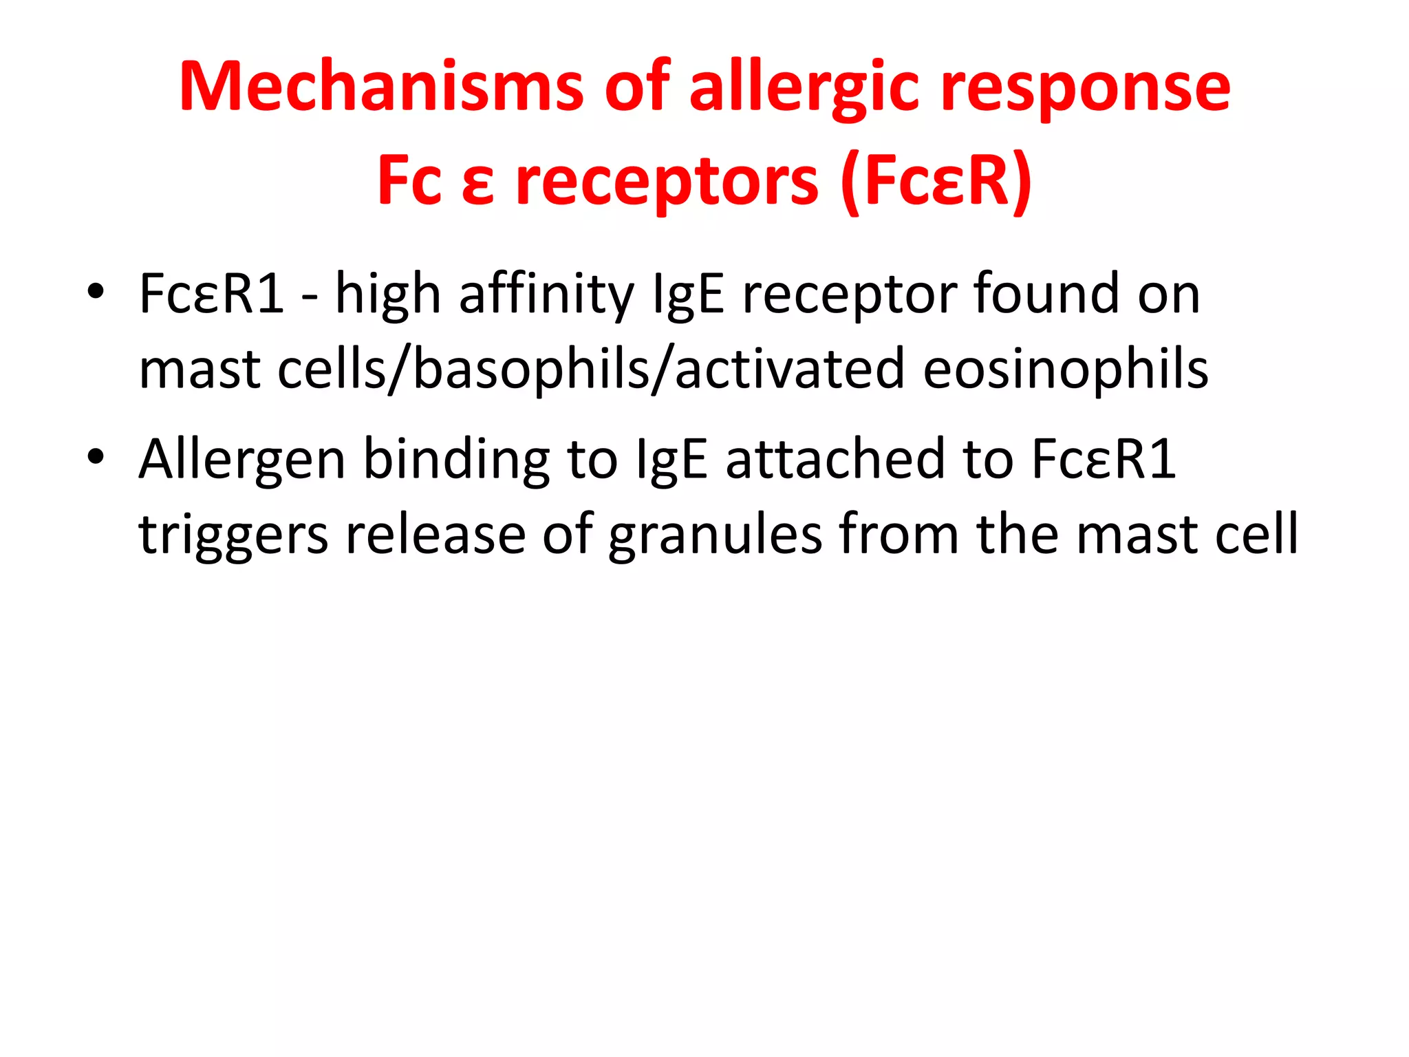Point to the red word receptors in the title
click(667, 182)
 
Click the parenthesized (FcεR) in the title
click(936, 182)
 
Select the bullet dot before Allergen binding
click(96, 457)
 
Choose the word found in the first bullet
click(1046, 295)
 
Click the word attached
click(835, 460)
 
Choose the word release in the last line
click(435, 534)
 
